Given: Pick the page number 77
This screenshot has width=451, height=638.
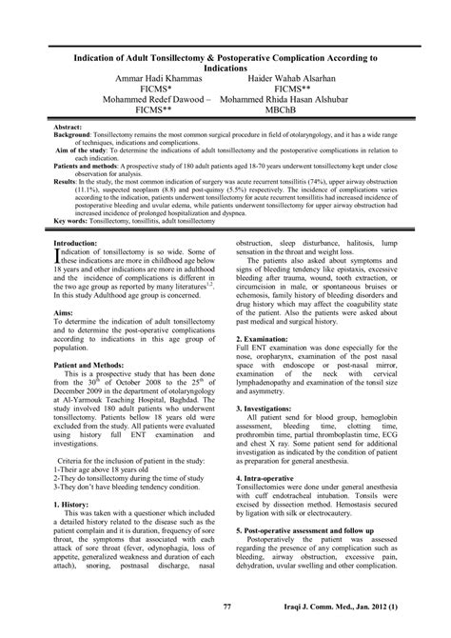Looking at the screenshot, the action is point(226,607).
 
